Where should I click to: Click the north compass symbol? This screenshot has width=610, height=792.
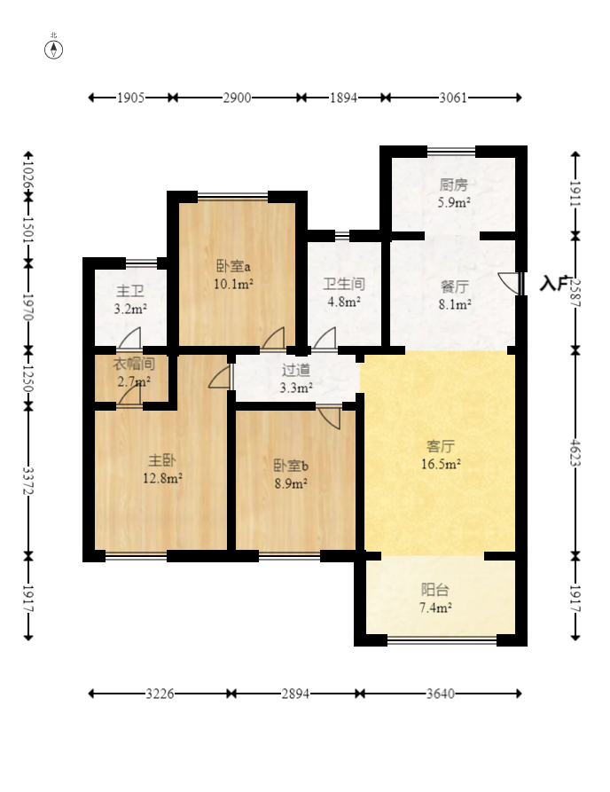53,50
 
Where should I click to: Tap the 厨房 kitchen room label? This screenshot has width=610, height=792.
453,184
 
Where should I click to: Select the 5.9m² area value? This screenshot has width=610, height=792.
454,202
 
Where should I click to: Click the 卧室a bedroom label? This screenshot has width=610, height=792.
233,266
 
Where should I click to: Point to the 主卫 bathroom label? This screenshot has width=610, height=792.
130,291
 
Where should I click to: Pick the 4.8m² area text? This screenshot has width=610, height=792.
344,302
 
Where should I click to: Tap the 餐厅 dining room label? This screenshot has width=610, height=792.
455,286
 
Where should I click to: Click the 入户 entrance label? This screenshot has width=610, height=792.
554,283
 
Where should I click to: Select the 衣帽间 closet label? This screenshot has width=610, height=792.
133,364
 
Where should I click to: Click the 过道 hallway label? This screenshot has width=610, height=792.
296,370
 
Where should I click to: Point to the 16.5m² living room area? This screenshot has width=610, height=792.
441,464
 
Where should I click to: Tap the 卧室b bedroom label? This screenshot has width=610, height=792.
291,466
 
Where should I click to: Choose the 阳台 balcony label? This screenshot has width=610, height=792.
435,590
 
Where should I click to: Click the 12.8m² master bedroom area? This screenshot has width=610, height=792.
162,477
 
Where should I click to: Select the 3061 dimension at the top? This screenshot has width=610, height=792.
453,98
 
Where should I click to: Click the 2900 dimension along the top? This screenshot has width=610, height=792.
237,98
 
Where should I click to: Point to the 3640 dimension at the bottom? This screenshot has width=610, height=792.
441,694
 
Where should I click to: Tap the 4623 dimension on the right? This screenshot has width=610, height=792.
575,453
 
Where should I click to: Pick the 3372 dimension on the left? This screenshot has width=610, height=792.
28,481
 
